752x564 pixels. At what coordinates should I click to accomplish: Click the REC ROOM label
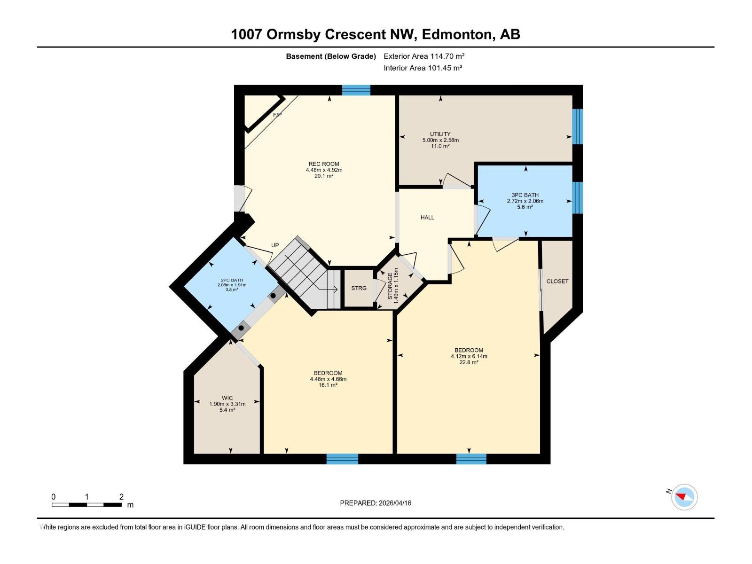(x=324, y=164)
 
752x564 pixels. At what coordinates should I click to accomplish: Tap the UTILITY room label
(x=440, y=134)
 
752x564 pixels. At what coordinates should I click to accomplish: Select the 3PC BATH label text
(x=525, y=195)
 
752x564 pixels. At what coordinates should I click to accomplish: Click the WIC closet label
(x=227, y=398)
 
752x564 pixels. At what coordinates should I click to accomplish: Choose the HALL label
(x=427, y=218)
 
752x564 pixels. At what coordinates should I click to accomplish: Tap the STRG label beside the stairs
(x=359, y=288)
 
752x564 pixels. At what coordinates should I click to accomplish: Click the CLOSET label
(x=557, y=281)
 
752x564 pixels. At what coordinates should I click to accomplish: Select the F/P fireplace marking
(x=277, y=115)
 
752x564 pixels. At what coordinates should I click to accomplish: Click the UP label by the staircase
(x=275, y=245)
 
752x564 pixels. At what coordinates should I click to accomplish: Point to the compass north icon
(x=684, y=497)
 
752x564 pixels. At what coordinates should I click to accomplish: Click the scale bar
(x=87, y=505)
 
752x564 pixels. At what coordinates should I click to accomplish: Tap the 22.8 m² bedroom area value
(x=469, y=362)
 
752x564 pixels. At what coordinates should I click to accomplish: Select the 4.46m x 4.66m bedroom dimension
(x=328, y=379)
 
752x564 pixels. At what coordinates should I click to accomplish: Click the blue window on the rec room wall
(x=356, y=90)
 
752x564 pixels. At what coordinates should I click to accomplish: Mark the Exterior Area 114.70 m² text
(x=424, y=56)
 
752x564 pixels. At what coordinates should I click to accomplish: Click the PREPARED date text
(x=376, y=503)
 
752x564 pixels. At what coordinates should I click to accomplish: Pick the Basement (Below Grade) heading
(x=331, y=56)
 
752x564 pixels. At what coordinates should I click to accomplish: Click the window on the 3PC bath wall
(x=578, y=198)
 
